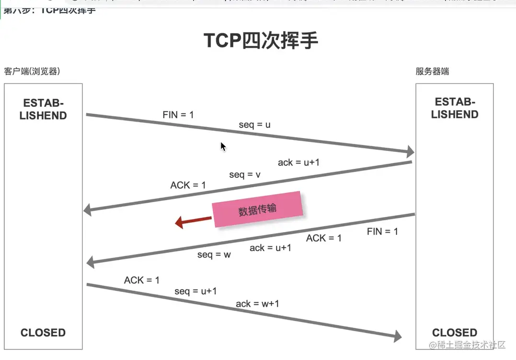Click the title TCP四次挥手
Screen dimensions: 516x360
pos(261,41)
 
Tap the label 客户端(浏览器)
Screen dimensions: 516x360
pos(32,71)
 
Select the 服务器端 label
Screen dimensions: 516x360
pos(432,71)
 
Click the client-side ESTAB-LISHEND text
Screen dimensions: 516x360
pos(43,109)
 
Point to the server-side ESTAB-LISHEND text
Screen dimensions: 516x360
pos(455,108)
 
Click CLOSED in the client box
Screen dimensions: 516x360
pos(43,333)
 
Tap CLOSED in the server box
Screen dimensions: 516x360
pos(455,333)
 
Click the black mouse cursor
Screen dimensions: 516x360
pos(223,146)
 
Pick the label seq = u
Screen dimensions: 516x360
pos(255,125)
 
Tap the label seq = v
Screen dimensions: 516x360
pos(245,174)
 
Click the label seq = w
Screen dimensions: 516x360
pos(214,255)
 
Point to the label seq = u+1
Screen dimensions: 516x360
pos(195,291)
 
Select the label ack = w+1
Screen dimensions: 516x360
pos(257,303)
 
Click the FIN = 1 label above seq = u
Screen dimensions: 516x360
pos(178,115)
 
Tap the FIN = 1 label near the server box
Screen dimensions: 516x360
pos(382,232)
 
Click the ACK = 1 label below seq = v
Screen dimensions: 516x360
pos(188,185)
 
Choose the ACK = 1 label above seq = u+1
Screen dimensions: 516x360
pos(142,280)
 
